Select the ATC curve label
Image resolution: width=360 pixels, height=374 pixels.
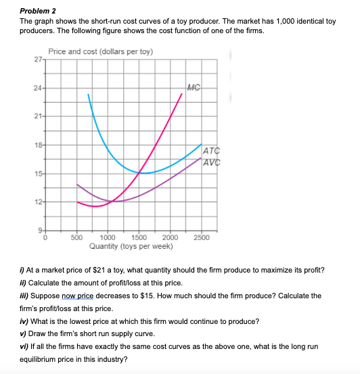click(x=210, y=151)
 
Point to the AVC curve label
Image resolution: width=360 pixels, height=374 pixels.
click(x=210, y=162)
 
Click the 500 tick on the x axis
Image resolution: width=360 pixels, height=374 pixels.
click(x=76, y=237)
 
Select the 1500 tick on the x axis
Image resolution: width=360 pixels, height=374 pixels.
click(x=139, y=237)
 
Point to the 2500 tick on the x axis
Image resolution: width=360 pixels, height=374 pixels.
click(x=201, y=237)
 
